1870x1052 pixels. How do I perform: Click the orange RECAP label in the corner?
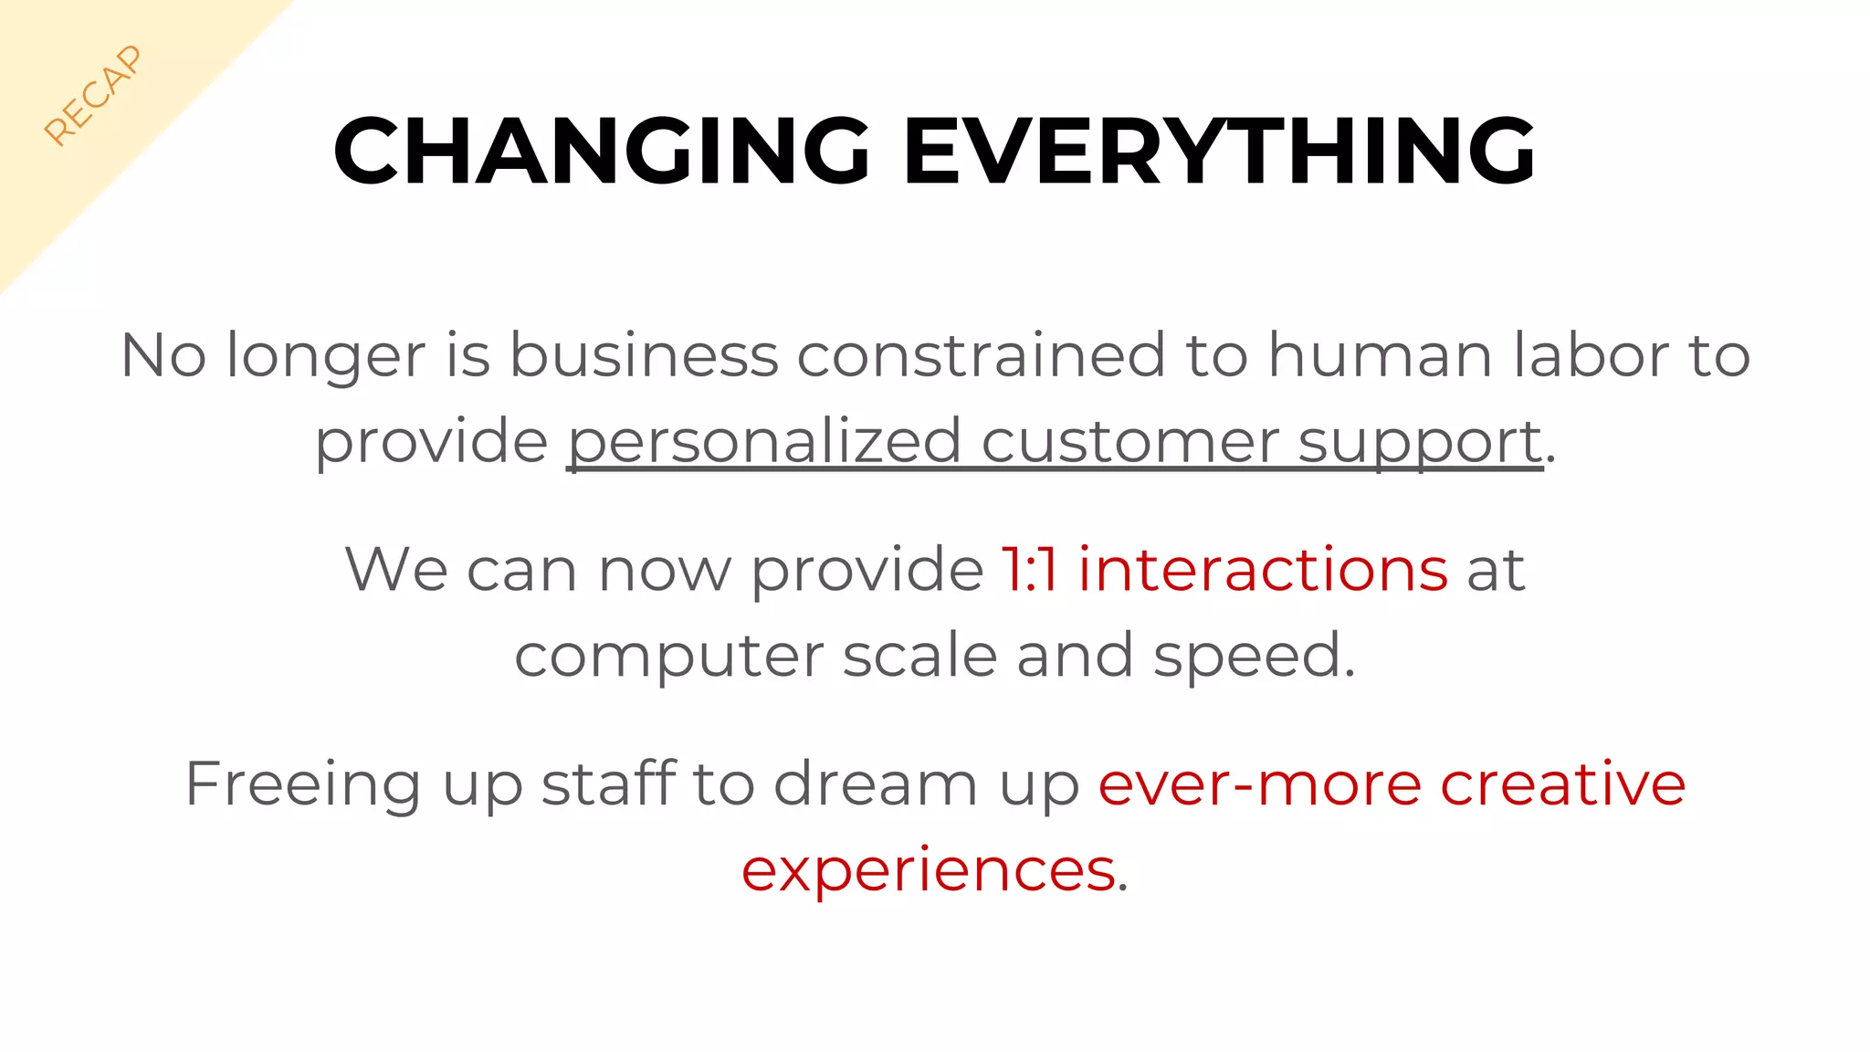tap(93, 95)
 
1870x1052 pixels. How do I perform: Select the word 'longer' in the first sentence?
tap(326, 357)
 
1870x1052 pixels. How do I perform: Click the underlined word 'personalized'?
tap(764, 443)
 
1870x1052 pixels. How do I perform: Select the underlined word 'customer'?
tap(1129, 441)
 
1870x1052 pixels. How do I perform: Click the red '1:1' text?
tap(1029, 570)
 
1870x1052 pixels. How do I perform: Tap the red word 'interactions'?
tap(1263, 570)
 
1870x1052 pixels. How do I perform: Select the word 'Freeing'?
tap(303, 785)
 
